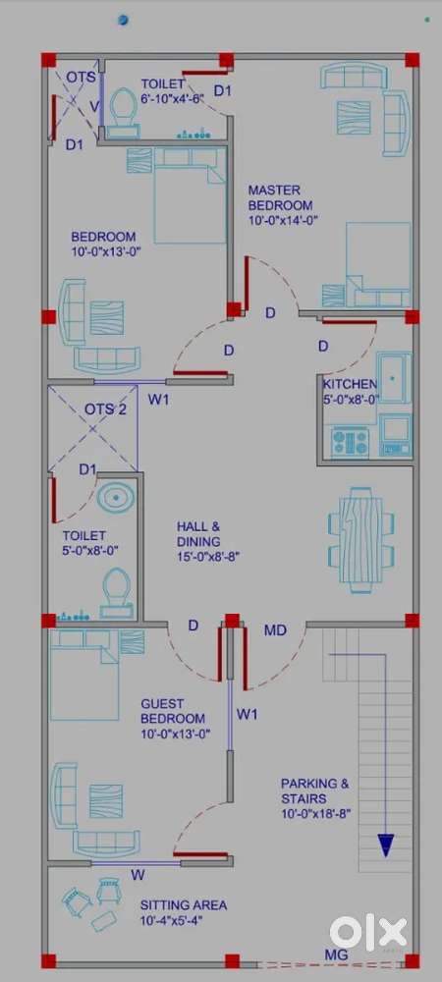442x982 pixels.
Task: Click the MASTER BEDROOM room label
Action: (280, 197)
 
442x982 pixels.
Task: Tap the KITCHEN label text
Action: (350, 384)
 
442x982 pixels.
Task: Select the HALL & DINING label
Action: (198, 533)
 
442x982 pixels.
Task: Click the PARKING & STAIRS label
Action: (315, 791)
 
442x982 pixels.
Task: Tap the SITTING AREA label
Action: (184, 905)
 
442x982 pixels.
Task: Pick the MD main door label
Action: (275, 630)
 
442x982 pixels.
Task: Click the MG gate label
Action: (336, 955)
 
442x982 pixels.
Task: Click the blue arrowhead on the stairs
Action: (386, 845)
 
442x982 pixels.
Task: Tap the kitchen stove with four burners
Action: (350, 442)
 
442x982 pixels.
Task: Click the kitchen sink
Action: (394, 378)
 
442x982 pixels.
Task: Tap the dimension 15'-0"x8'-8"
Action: (208, 555)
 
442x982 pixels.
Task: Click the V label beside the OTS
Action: (93, 106)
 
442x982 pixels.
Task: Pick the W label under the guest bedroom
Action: (136, 874)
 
